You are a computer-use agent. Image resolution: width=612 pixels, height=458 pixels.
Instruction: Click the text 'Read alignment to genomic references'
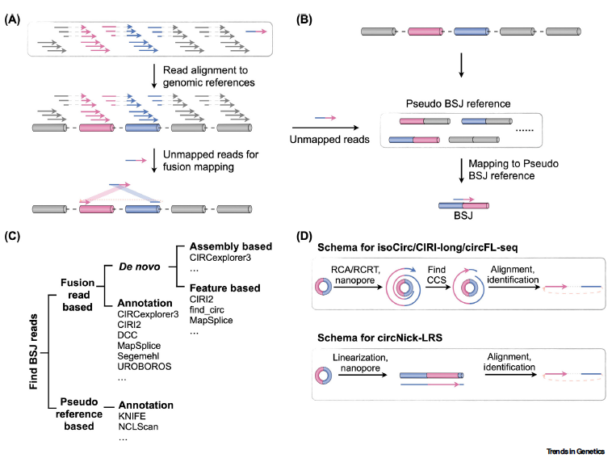pos(207,77)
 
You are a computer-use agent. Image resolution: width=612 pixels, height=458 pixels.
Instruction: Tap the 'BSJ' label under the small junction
pos(458,216)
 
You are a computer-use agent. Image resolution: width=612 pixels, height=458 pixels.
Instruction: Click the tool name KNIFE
pos(133,416)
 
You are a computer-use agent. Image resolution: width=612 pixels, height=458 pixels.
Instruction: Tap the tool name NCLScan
pos(139,427)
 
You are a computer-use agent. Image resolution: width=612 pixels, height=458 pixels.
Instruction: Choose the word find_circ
pos(210,311)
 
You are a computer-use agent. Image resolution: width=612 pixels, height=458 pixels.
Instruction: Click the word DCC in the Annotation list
pos(129,333)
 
